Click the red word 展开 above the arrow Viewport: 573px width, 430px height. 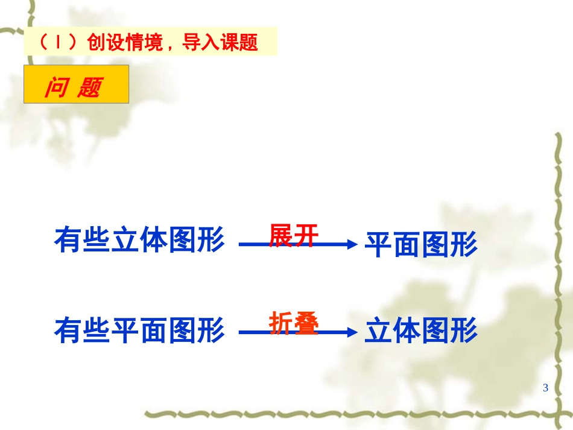coord(293,235)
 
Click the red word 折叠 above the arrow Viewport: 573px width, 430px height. coord(293,323)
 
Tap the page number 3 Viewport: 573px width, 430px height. coord(545,387)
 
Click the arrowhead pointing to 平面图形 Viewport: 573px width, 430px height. coord(351,244)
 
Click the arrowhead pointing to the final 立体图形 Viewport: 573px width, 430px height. coord(351,332)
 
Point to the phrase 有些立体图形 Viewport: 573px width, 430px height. coord(139,241)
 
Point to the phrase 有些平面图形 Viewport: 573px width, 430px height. coord(139,330)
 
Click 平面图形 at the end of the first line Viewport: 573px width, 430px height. coord(421,245)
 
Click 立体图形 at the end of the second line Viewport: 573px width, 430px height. coord(421,331)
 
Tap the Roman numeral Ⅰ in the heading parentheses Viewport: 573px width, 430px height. coord(58,43)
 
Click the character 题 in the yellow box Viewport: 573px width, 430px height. coord(89,89)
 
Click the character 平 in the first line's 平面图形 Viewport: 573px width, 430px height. coord(379,245)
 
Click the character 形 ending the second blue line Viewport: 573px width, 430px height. coord(464,331)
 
